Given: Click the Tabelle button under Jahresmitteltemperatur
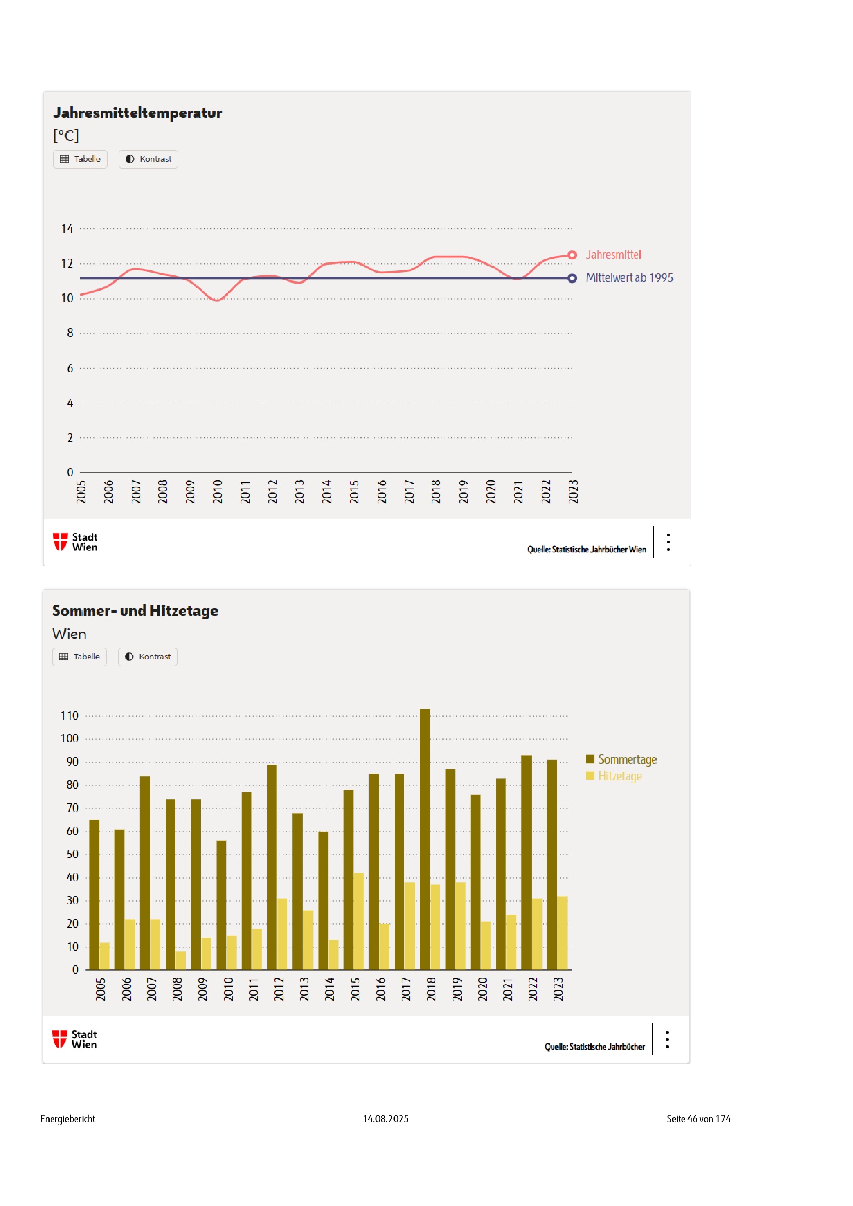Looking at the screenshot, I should click(80, 159).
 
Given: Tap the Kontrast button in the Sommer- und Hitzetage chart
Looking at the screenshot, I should click(147, 656).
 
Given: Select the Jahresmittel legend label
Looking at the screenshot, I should click(614, 255).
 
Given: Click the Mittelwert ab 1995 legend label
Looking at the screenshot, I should click(629, 278).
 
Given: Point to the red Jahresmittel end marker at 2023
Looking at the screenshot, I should click(572, 255).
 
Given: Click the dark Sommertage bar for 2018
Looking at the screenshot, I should click(424, 840).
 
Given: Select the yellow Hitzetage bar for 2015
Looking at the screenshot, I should click(359, 921).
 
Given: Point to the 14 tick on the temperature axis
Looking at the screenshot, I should click(67, 229).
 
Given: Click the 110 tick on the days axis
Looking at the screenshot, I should click(69, 716).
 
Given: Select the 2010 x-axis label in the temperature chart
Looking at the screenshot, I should click(218, 491).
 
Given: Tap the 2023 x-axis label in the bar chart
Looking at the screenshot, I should click(559, 989).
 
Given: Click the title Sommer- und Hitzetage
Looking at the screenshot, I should click(135, 610).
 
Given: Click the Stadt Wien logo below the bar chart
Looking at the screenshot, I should click(75, 1039).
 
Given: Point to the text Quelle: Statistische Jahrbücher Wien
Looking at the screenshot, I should click(586, 550).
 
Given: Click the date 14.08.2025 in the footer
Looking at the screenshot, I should click(386, 1119).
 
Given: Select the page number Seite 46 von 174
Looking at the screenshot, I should click(698, 1119).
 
